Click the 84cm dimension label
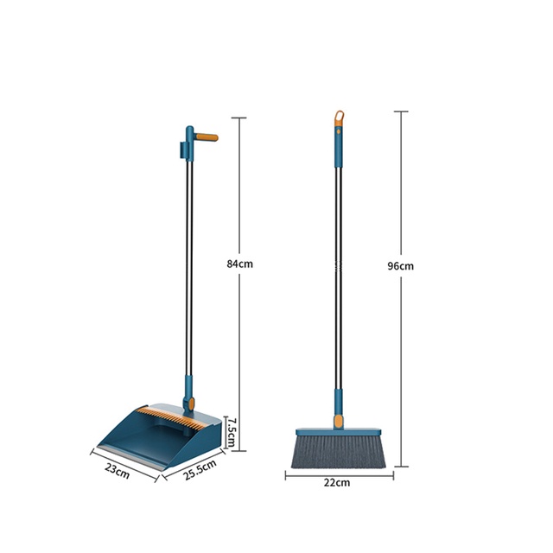click(240, 264)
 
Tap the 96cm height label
click(401, 266)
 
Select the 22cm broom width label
click(337, 482)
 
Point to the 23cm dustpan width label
click(118, 471)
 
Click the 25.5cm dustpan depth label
click(200, 469)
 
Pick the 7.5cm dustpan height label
click(231, 432)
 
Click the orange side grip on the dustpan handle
click(207, 137)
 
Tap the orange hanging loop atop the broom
click(339, 118)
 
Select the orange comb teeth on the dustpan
click(171, 417)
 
